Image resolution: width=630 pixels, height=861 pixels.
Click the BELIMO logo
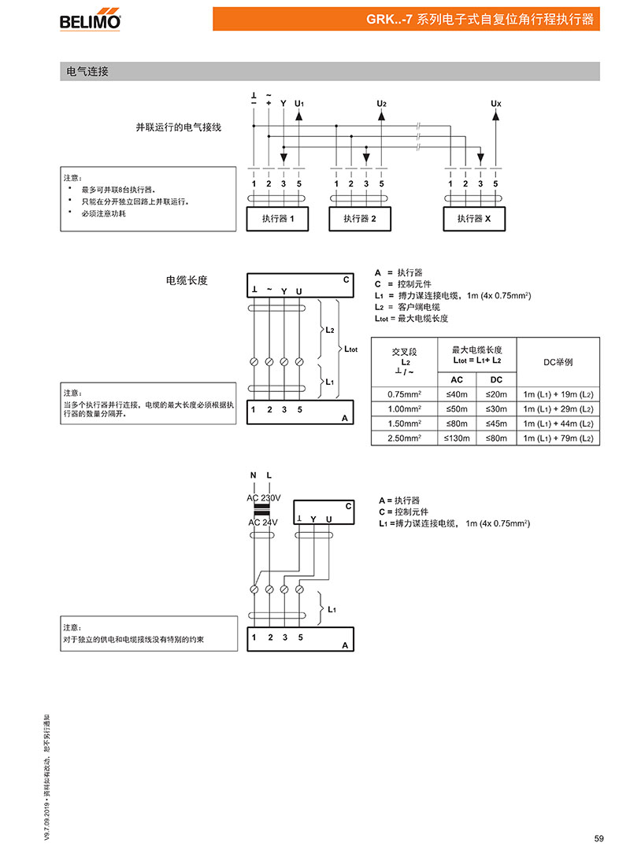click(90, 21)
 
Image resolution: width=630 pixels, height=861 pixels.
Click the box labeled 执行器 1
click(277, 219)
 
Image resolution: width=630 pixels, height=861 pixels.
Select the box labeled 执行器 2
click(360, 219)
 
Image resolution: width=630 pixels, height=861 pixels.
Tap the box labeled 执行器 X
click(474, 219)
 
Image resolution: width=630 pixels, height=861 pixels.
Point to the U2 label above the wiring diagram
click(382, 103)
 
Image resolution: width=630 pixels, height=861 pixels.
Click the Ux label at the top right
click(496, 103)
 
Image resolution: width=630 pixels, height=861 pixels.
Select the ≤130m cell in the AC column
click(457, 438)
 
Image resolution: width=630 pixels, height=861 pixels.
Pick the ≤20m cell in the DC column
click(497, 394)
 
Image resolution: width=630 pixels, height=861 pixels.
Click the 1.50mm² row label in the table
click(404, 423)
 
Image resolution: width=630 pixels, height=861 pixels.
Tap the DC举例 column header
click(558, 362)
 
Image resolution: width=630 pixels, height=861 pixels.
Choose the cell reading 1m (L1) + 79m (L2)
click(558, 438)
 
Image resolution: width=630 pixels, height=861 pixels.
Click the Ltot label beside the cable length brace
click(350, 349)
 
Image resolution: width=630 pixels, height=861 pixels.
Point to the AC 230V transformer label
click(264, 498)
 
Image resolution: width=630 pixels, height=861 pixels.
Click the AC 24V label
click(263, 523)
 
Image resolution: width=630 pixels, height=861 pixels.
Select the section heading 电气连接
click(87, 72)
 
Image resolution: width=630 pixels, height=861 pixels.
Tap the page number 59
click(598, 838)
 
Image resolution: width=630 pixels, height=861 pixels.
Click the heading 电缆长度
click(187, 281)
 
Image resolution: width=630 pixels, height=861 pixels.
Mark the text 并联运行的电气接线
click(179, 127)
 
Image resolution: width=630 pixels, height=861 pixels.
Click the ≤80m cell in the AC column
click(457, 423)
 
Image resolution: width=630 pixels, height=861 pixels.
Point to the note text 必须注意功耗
click(104, 213)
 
